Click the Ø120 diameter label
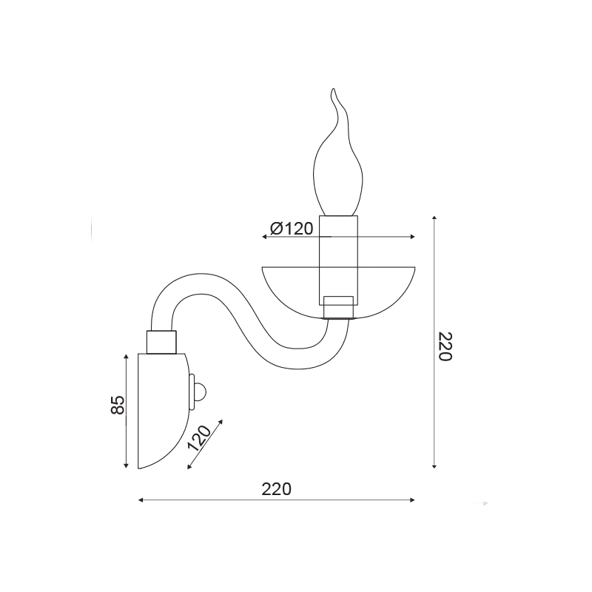(x=292, y=229)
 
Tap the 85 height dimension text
(x=118, y=405)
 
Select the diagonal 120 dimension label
(x=199, y=438)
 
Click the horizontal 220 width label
(x=277, y=489)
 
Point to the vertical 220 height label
(x=445, y=346)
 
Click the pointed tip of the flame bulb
(x=333, y=89)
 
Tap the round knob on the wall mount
(x=199, y=392)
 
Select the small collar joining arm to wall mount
(x=161, y=342)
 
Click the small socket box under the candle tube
(x=339, y=307)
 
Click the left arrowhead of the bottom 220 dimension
(x=141, y=500)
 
